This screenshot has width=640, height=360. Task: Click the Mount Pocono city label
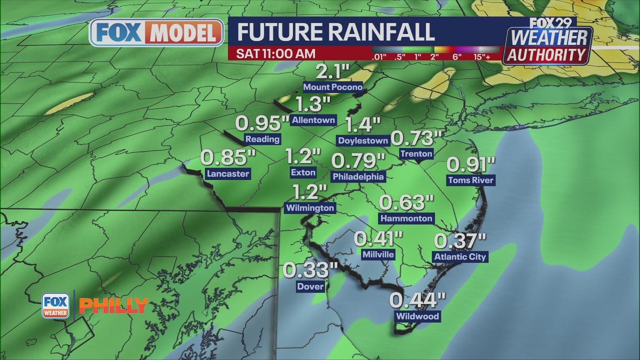click(332, 87)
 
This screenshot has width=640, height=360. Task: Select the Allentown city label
click(314, 120)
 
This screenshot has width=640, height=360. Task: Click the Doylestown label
click(363, 141)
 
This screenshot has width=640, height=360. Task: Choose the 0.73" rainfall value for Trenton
click(413, 138)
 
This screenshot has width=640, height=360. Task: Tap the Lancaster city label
click(228, 174)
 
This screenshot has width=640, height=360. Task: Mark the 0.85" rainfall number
click(228, 158)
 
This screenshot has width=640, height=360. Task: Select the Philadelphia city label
click(358, 176)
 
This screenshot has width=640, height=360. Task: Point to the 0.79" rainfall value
click(358, 161)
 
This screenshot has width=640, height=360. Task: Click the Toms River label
click(470, 180)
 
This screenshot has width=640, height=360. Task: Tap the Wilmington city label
click(310, 208)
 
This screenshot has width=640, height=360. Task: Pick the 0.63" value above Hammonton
click(406, 203)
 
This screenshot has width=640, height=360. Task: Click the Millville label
click(378, 254)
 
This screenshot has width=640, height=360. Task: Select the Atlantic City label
click(460, 257)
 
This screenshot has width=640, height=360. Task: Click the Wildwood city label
click(418, 316)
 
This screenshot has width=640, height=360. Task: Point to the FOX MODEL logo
click(156, 33)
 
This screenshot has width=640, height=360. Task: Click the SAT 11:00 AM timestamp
click(276, 54)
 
